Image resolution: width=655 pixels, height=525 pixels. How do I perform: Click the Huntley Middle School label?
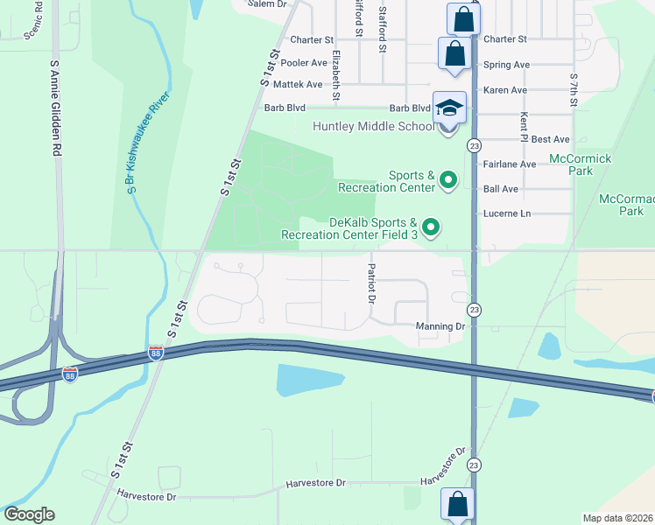click(374, 126)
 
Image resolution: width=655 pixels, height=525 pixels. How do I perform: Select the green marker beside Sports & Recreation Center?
click(449, 181)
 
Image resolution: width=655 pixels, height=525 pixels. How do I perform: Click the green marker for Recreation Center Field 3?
click(431, 228)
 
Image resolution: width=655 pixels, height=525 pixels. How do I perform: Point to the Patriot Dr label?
click(371, 284)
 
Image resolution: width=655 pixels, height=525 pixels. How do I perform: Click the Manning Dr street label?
click(440, 326)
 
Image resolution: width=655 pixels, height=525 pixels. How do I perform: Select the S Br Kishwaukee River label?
click(147, 145)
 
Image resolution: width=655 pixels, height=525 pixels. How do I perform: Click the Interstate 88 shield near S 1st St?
click(155, 353)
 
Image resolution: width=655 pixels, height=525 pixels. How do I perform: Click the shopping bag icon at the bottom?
click(457, 504)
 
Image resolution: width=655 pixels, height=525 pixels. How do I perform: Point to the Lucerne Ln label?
click(507, 213)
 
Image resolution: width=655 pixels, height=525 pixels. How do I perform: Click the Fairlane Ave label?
click(509, 164)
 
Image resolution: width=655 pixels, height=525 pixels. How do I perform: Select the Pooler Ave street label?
click(304, 63)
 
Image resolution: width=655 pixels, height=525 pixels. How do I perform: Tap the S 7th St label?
click(574, 90)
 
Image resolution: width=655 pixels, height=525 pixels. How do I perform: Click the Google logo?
click(29, 514)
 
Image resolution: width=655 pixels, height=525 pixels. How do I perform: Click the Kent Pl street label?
click(524, 128)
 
